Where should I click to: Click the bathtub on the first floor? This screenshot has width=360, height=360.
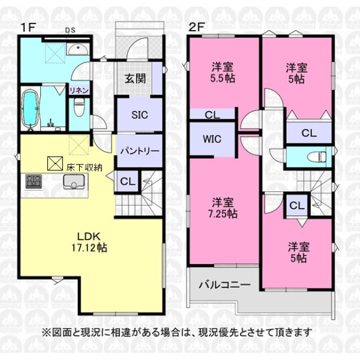[31, 110]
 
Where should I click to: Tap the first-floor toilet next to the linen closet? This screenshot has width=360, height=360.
[79, 107]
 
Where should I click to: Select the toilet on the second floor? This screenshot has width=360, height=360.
[317, 157]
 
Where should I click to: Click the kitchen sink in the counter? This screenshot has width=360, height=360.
[74, 182]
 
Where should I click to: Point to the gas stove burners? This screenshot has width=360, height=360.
[34, 182]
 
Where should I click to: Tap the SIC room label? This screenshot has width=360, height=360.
[139, 115]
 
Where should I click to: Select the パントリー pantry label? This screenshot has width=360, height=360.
[140, 151]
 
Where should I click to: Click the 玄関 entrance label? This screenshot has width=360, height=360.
[135, 79]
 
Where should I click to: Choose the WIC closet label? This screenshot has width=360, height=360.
[212, 139]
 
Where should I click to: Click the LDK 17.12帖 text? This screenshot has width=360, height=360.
[89, 242]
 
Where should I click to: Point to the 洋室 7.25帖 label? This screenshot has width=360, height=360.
[223, 208]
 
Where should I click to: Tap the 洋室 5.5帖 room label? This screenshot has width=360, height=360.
[223, 73]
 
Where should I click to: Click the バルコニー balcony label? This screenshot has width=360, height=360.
[224, 285]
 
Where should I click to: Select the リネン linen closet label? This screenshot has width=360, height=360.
[79, 91]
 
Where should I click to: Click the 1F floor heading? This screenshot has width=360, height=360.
[28, 28]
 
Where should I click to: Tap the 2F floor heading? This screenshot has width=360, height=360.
[196, 28]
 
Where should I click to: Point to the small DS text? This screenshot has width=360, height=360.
[70, 30]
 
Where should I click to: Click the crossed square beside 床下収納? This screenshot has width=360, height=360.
[55, 163]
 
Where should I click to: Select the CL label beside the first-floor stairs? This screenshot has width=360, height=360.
[128, 182]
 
